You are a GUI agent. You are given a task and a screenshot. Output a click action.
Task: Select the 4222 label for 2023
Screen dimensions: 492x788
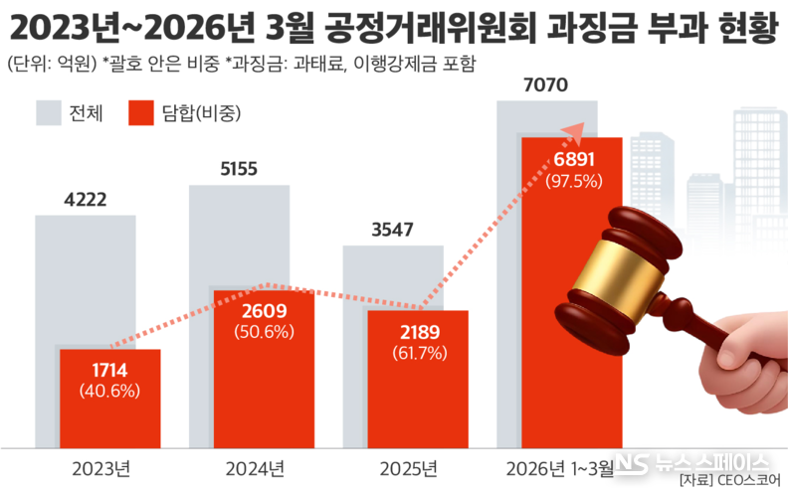pos(85,200)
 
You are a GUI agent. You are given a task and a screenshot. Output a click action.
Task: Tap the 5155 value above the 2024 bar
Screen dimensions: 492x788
pos(239,169)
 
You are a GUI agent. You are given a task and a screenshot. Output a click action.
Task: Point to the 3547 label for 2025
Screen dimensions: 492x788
pos(392,230)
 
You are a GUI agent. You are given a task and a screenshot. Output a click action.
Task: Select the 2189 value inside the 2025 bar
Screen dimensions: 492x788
pos(418,332)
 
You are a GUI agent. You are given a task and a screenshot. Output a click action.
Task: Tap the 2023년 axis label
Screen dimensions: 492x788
pos(100,466)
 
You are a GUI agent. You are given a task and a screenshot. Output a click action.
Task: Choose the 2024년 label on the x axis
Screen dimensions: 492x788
pos(255,466)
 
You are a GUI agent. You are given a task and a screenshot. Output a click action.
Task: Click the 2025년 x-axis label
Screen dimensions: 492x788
pos(408,466)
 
